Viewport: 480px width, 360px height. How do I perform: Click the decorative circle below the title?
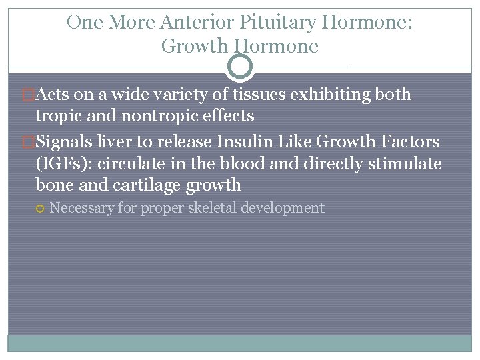point(240,67)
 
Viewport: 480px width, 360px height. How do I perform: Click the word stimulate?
point(408,163)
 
